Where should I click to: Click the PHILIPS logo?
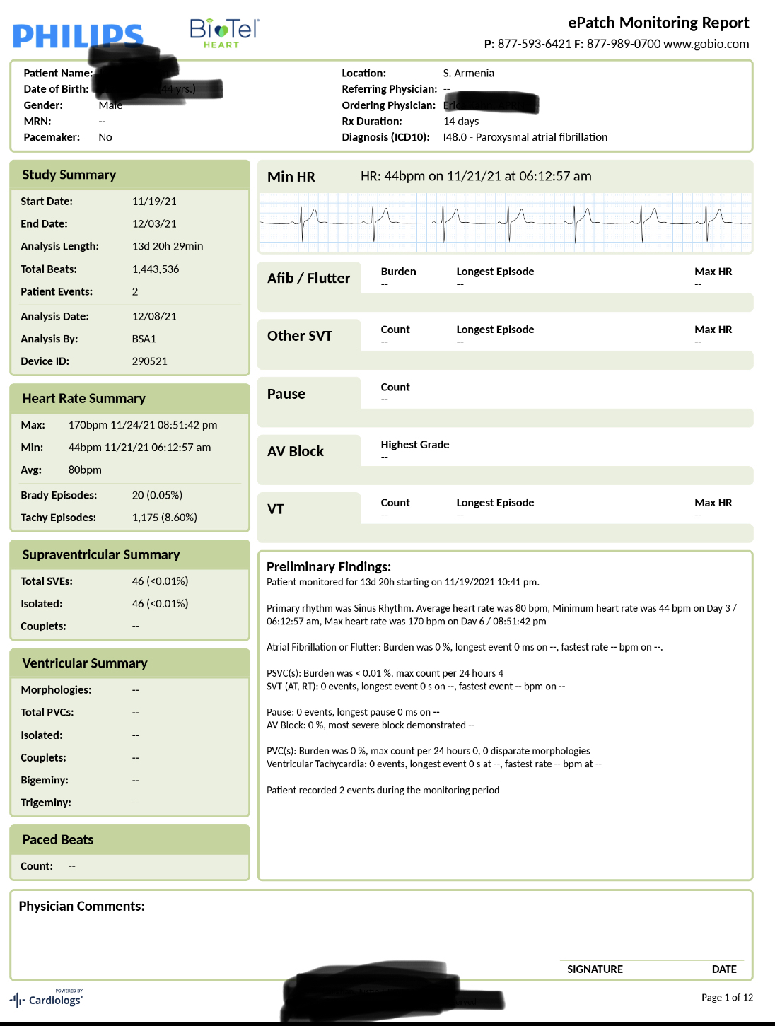(78, 35)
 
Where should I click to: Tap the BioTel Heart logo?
(224, 33)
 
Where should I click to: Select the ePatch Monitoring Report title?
(658, 23)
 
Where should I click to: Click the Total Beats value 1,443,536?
(156, 269)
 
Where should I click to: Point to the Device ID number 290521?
(149, 361)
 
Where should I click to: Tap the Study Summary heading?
(69, 175)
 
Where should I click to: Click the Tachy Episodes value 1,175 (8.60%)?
(164, 517)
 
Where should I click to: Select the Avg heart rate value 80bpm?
(85, 470)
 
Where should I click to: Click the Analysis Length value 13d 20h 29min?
(167, 246)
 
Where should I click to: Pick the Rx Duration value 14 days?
(461, 121)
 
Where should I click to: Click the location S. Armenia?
(468, 73)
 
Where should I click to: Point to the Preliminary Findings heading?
(328, 566)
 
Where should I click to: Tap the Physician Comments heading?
(81, 906)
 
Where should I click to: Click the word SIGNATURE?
(595, 969)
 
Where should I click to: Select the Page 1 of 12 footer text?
(727, 997)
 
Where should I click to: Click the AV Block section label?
(295, 451)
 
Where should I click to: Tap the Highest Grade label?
(414, 444)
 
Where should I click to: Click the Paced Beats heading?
(57, 839)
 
